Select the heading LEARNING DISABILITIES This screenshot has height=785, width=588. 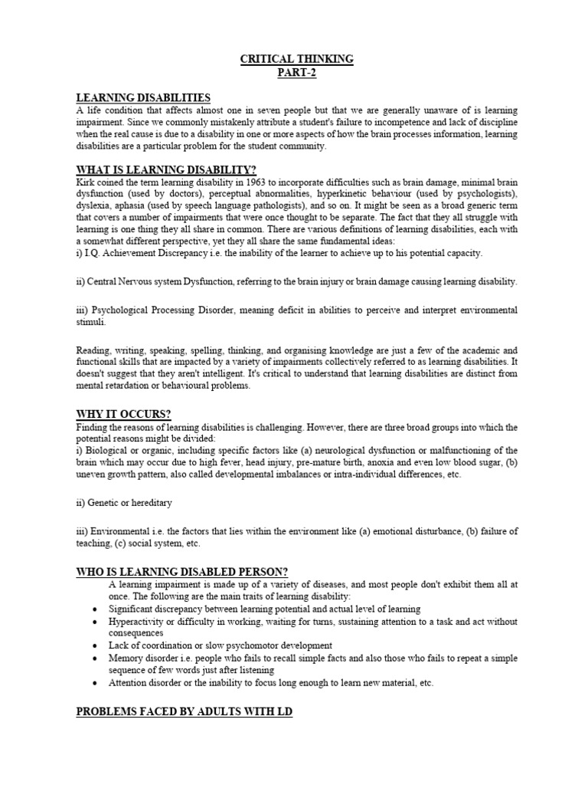[x=143, y=97]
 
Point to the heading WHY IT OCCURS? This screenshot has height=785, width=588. [x=122, y=414]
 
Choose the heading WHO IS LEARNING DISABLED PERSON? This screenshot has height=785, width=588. [x=181, y=571]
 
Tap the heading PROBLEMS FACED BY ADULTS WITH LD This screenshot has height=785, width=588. [x=184, y=712]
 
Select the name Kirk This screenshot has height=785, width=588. [x=85, y=182]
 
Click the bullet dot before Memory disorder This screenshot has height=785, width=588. [x=93, y=659]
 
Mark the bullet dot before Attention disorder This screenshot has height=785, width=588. [x=93, y=683]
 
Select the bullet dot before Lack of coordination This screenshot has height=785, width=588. [x=93, y=645]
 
